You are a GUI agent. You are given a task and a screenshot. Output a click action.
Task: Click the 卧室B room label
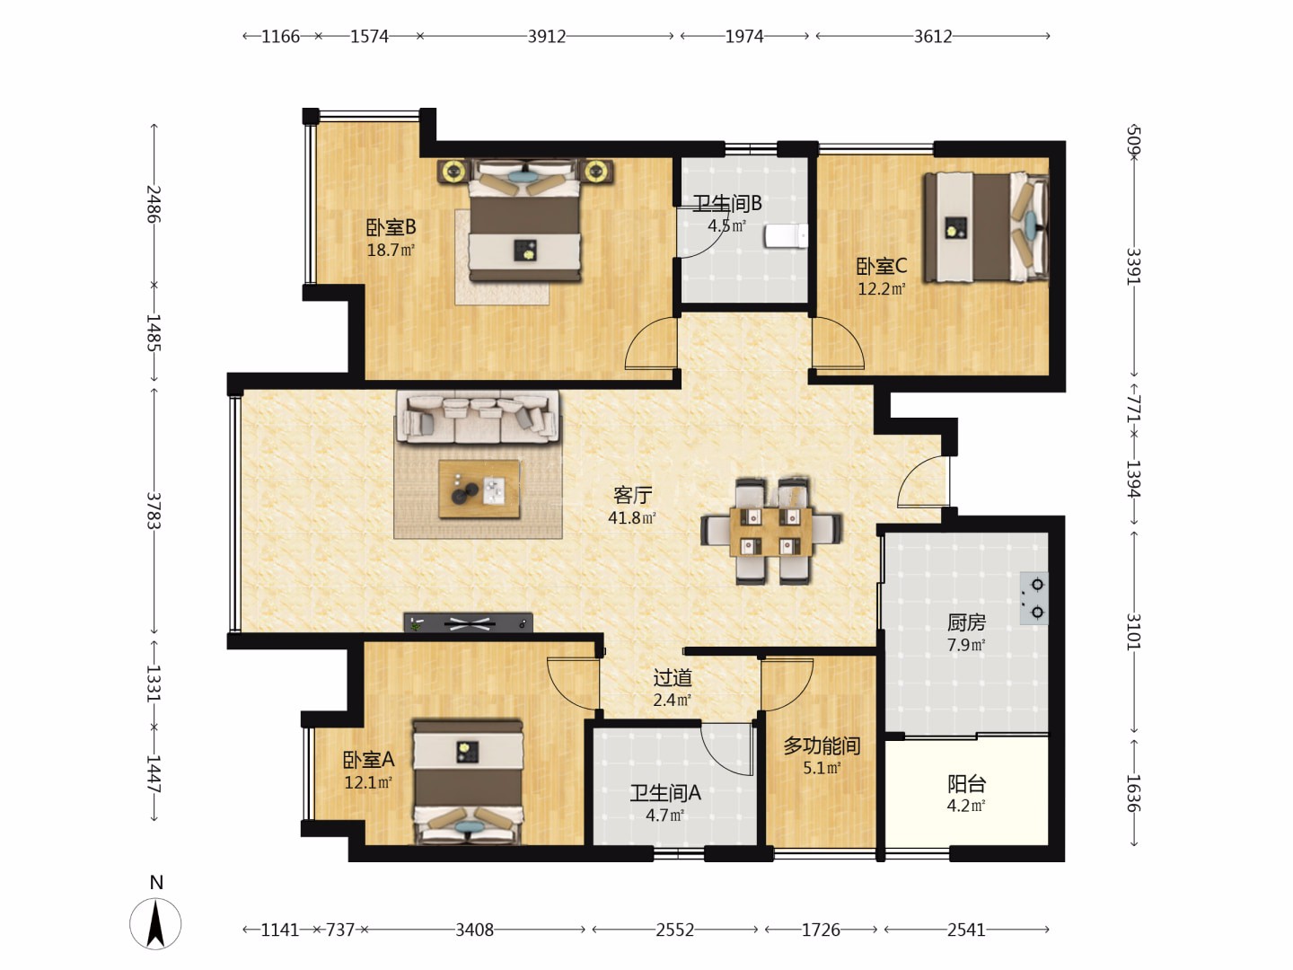(x=391, y=226)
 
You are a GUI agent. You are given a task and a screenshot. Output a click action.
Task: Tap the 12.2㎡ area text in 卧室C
(x=881, y=289)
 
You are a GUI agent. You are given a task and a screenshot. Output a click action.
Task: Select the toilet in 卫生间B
(x=787, y=236)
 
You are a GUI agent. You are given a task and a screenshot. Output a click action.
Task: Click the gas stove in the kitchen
(x=1034, y=598)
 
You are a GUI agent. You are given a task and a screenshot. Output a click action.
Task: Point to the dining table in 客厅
(x=771, y=532)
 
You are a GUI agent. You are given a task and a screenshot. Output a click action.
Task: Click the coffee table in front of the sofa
(x=479, y=489)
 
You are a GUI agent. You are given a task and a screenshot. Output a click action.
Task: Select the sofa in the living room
(x=478, y=417)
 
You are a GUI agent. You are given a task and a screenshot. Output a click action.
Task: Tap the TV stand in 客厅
(x=469, y=623)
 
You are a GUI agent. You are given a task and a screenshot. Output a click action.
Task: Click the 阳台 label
(x=967, y=784)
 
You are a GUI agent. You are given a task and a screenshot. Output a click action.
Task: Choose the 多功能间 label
(x=822, y=746)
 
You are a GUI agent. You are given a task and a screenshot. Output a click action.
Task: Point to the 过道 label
(x=673, y=678)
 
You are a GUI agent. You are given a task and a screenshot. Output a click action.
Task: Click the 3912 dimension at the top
(x=547, y=37)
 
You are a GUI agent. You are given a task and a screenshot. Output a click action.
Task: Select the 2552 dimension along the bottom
(x=675, y=930)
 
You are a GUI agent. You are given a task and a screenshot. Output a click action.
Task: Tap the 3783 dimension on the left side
(x=154, y=511)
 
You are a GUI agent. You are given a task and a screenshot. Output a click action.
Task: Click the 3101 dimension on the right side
(x=1134, y=632)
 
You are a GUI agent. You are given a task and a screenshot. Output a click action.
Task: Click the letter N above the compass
(x=156, y=882)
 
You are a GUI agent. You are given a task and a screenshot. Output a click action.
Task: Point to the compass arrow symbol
(x=155, y=924)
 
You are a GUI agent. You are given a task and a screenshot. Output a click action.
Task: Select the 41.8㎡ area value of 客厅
(x=632, y=517)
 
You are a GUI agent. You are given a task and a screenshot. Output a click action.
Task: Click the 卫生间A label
(x=665, y=793)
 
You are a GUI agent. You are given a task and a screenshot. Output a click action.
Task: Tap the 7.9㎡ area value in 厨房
(x=966, y=645)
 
